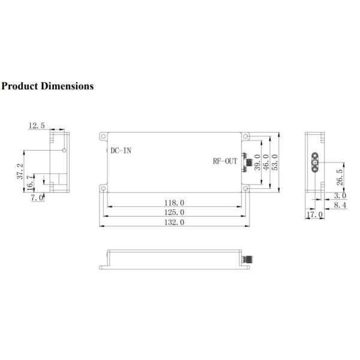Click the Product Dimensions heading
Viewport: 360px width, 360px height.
tap(47, 86)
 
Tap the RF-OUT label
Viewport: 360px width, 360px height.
tap(226, 161)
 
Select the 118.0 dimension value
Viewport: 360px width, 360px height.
tap(173, 203)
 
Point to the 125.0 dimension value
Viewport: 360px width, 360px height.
tap(173, 212)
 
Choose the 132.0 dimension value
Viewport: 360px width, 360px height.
tap(173, 222)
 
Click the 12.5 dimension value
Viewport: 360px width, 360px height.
tap(36, 125)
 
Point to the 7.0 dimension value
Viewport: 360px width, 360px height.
tap(37, 197)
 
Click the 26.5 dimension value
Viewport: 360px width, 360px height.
tap(340, 178)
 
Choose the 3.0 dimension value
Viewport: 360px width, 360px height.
tap(340, 196)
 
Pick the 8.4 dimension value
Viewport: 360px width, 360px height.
tap(340, 205)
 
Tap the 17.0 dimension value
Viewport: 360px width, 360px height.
tap(314, 214)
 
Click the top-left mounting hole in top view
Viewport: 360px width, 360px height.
tap(104, 136)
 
